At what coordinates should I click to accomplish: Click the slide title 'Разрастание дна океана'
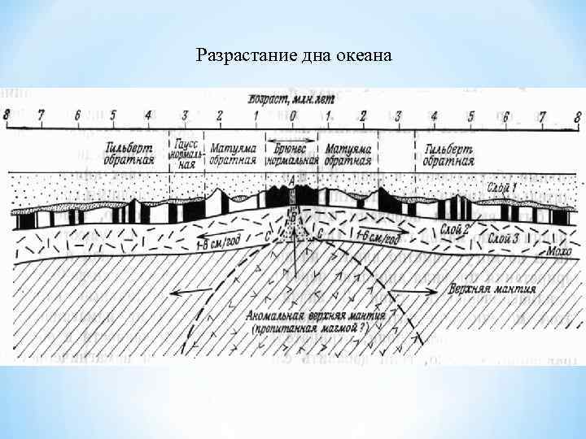(x=295, y=56)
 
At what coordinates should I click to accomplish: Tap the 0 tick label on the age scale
(x=292, y=115)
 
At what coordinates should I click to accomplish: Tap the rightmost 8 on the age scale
(x=577, y=115)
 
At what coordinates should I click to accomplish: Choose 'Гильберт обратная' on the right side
(x=448, y=154)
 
